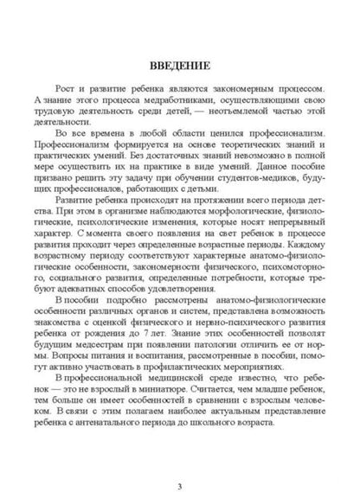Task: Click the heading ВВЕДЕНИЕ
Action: (180, 64)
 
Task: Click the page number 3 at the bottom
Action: (179, 463)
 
